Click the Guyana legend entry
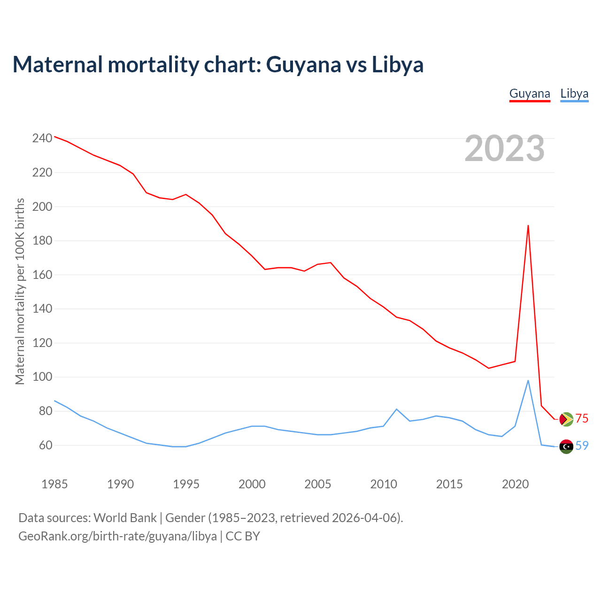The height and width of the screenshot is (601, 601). click(530, 93)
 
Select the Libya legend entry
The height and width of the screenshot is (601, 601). click(574, 93)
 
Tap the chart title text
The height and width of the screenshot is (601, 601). click(218, 64)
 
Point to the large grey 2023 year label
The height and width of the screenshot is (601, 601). click(504, 148)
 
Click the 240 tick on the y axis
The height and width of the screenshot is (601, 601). click(42, 139)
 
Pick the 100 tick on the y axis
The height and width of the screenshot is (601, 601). click(42, 377)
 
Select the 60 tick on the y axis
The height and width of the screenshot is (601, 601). click(44, 445)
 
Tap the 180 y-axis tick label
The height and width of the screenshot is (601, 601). click(42, 241)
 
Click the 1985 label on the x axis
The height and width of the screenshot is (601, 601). click(54, 484)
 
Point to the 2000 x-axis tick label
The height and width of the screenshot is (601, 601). click(252, 484)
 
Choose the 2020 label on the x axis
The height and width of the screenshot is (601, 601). click(515, 484)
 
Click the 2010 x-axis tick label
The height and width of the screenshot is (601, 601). click(384, 484)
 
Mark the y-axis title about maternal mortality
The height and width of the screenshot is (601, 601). click(20, 291)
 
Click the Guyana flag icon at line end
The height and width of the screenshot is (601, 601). click(566, 419)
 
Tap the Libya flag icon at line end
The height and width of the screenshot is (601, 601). click(566, 446)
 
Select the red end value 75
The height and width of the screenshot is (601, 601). click(582, 419)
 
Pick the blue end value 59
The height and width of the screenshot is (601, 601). click(582, 446)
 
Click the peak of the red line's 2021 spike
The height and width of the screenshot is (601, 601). click(528, 226)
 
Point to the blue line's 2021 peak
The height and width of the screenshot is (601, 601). click(528, 381)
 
